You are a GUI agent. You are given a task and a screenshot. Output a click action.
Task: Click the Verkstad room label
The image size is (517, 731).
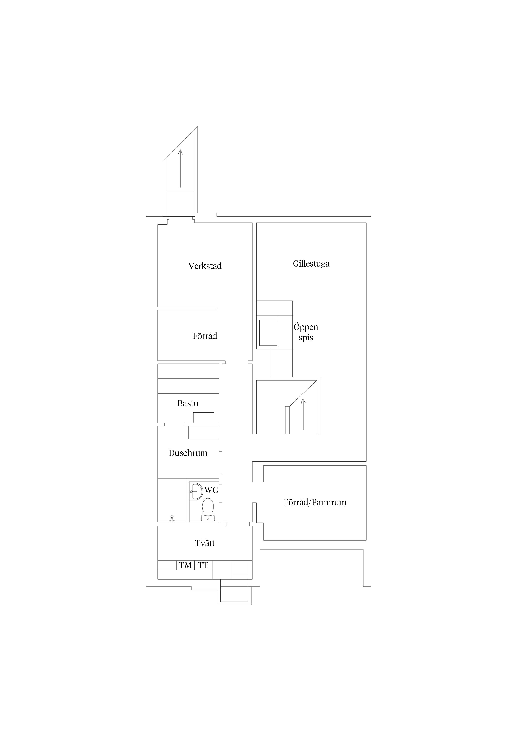pos(205,266)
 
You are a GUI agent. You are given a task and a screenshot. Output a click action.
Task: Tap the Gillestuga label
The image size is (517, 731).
pos(311,264)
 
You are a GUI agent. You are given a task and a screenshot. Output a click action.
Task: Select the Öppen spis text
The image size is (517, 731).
pos(306,332)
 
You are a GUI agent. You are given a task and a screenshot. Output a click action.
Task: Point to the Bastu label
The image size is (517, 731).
pos(188,403)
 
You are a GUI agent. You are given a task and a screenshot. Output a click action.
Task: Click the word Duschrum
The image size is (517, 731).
pos(188,453)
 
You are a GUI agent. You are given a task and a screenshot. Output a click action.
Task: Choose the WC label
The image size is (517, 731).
pos(211,490)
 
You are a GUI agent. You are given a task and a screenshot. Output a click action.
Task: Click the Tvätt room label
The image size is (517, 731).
pos(205,543)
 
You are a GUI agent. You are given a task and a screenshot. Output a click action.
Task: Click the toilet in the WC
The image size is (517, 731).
pos(208,510)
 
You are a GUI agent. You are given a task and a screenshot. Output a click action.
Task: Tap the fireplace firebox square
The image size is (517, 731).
pos(268,333)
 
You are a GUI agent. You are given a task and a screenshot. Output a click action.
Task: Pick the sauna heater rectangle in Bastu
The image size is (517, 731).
pos(203,417)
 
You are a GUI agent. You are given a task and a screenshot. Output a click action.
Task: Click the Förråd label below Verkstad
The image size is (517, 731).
pos(205,336)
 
